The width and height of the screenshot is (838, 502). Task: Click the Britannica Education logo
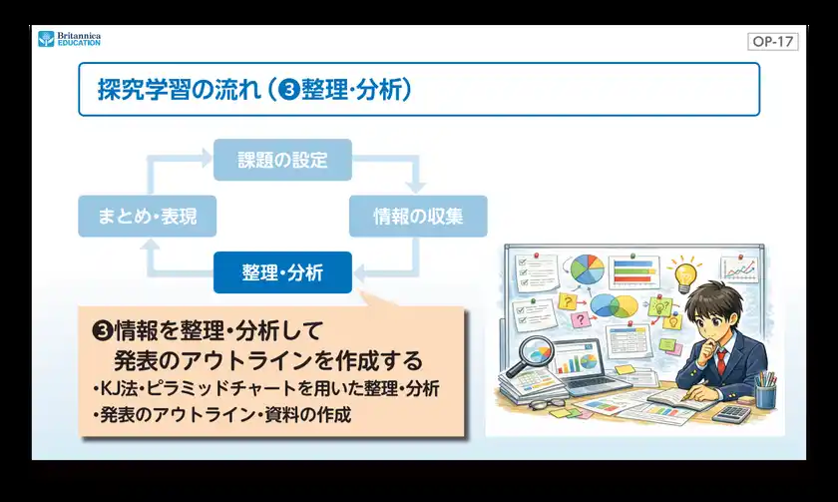coord(69,39)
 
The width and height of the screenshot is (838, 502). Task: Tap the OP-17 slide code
coord(772,42)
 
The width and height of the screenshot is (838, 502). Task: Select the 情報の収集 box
coord(417,216)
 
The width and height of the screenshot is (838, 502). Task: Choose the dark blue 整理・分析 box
coord(282,272)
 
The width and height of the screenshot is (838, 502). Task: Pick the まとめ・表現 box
coord(146,216)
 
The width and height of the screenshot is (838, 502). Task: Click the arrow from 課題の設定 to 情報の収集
coord(399,168)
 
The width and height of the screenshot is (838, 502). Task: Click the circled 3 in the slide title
coord(291,90)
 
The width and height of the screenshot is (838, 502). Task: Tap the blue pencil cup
coord(765,394)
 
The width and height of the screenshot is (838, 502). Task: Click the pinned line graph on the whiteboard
coord(741,269)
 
